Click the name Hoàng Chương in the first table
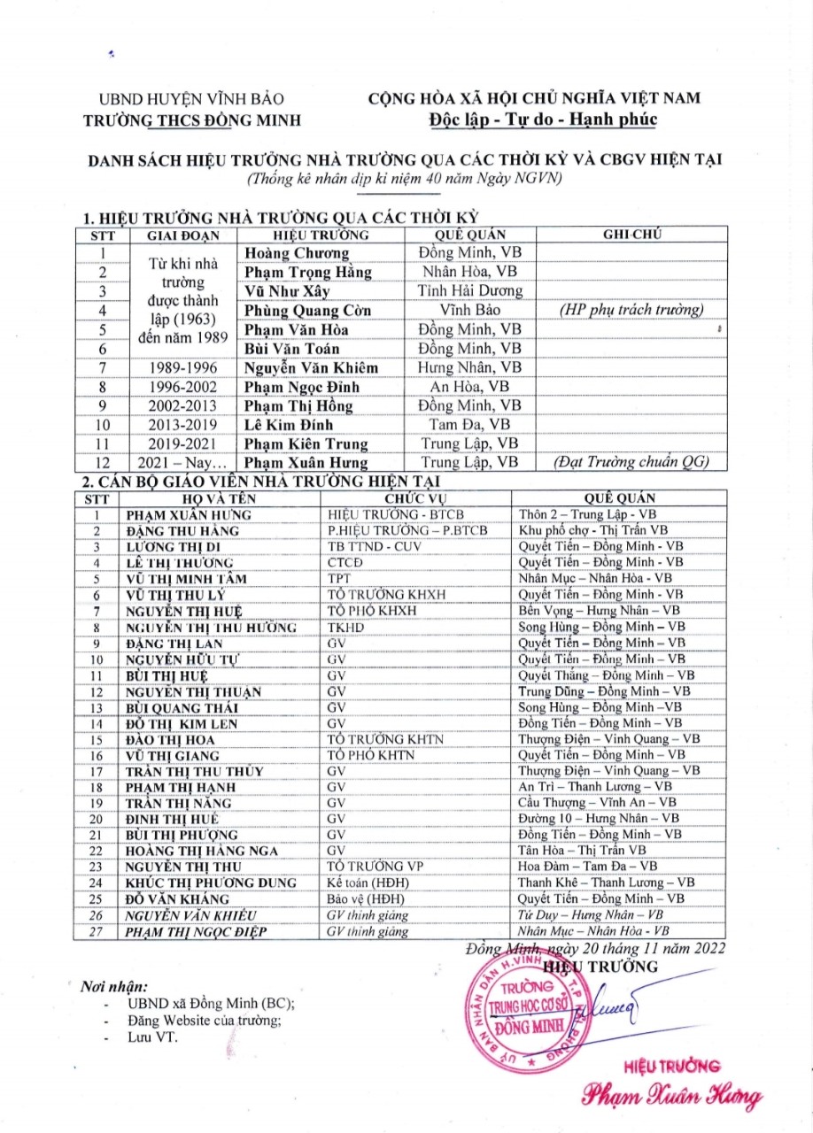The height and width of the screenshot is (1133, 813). (285, 254)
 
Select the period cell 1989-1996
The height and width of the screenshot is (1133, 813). (185, 367)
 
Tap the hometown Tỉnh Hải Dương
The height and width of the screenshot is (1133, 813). (470, 291)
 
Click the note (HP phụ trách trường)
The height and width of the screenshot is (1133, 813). (631, 310)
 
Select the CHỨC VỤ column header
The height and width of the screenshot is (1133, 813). (416, 497)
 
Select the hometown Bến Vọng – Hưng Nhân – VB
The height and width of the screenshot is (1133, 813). (599, 611)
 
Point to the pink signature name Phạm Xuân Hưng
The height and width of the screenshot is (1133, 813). (670, 1095)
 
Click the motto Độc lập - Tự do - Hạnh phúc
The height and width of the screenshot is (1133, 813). (534, 119)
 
